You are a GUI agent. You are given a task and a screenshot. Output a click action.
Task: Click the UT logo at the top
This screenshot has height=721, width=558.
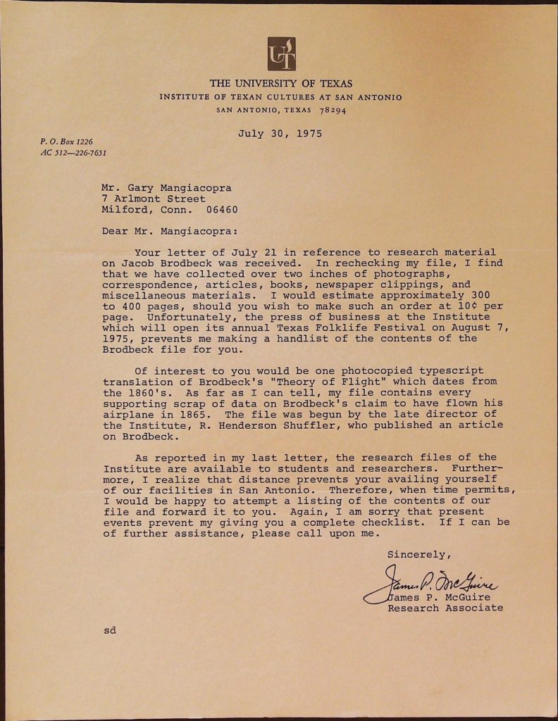click(281, 54)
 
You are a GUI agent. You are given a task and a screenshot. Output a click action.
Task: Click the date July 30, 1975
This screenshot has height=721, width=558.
click(280, 133)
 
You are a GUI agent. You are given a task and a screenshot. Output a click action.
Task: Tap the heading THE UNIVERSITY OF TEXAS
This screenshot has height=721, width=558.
click(281, 83)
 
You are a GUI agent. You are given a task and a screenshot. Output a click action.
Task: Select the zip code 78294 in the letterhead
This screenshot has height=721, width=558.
click(332, 110)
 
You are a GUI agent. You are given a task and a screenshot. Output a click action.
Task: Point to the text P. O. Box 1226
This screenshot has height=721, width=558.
click(66, 142)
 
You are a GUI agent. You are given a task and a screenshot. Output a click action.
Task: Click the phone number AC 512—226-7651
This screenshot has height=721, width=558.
click(73, 153)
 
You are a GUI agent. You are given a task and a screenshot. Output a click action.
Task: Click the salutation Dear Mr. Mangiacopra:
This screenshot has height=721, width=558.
click(170, 230)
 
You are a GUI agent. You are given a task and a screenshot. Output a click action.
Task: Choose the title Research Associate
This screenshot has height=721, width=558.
click(445, 608)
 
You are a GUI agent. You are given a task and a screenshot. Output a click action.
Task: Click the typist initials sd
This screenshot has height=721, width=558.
click(109, 630)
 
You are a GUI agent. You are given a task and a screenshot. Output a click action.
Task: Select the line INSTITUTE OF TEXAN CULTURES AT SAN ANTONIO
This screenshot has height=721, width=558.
click(280, 97)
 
